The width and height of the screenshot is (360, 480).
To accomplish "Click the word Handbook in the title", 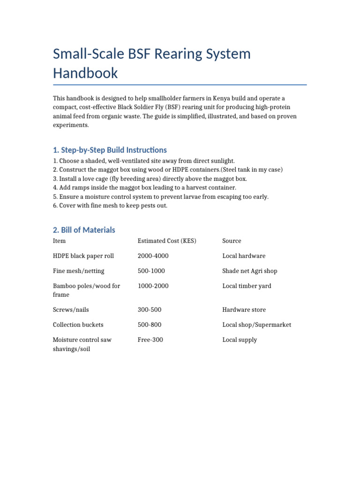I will tap(85, 73).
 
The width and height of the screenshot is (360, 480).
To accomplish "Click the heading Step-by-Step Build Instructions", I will tap(110, 150).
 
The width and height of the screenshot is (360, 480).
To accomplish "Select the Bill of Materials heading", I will tap(84, 230).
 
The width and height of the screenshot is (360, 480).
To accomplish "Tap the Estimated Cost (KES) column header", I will tap(167, 241).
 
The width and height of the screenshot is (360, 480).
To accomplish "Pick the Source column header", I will tap(232, 241).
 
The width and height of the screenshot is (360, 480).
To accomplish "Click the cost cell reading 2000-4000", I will tap(153, 256).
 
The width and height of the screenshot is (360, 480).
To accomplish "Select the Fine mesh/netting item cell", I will tap(79, 271).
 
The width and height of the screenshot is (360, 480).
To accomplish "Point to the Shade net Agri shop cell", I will tap(250, 271).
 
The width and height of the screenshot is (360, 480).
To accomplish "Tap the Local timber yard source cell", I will tap(247, 286).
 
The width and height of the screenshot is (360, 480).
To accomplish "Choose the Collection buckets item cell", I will tap(78, 325).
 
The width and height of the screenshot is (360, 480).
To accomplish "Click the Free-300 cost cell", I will tap(150, 340).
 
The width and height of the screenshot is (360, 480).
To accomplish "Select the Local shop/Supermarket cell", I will tap(256, 325).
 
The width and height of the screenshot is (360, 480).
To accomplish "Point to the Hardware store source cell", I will tap(244, 310).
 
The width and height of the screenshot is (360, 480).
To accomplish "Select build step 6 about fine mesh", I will tap(110, 206).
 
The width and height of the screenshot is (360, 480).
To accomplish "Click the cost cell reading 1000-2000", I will tap(153, 286).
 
